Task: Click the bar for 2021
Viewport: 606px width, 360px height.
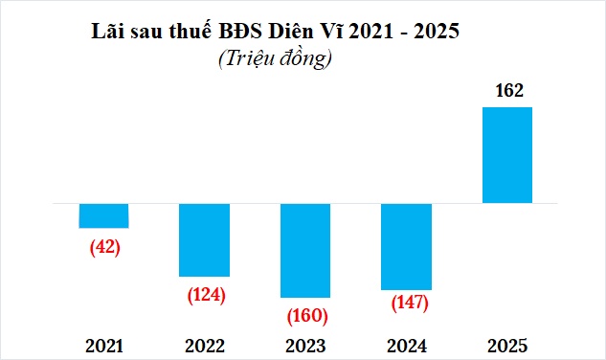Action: point(103,215)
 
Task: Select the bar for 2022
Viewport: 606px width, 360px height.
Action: point(204,239)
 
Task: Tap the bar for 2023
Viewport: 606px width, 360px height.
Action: point(304,250)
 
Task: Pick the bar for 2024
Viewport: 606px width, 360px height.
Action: point(406,246)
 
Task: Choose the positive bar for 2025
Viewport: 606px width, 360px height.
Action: point(506,155)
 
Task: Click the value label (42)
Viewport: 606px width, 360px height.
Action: point(103,246)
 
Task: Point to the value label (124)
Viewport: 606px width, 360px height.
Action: point(205,294)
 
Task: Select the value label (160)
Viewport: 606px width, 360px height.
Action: point(307,316)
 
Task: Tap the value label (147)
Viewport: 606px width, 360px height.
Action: point(410,303)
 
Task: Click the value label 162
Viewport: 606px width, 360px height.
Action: point(507,92)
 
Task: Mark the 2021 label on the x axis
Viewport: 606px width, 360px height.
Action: point(103,346)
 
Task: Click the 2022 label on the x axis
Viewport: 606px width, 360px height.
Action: point(205,346)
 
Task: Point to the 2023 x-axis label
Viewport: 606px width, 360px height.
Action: point(305,346)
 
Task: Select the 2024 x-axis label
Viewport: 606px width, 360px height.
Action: point(407,346)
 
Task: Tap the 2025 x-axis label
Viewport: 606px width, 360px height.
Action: point(507,346)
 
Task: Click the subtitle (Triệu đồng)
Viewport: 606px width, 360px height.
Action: point(275,58)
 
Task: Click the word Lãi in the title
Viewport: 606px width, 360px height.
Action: point(105,31)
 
